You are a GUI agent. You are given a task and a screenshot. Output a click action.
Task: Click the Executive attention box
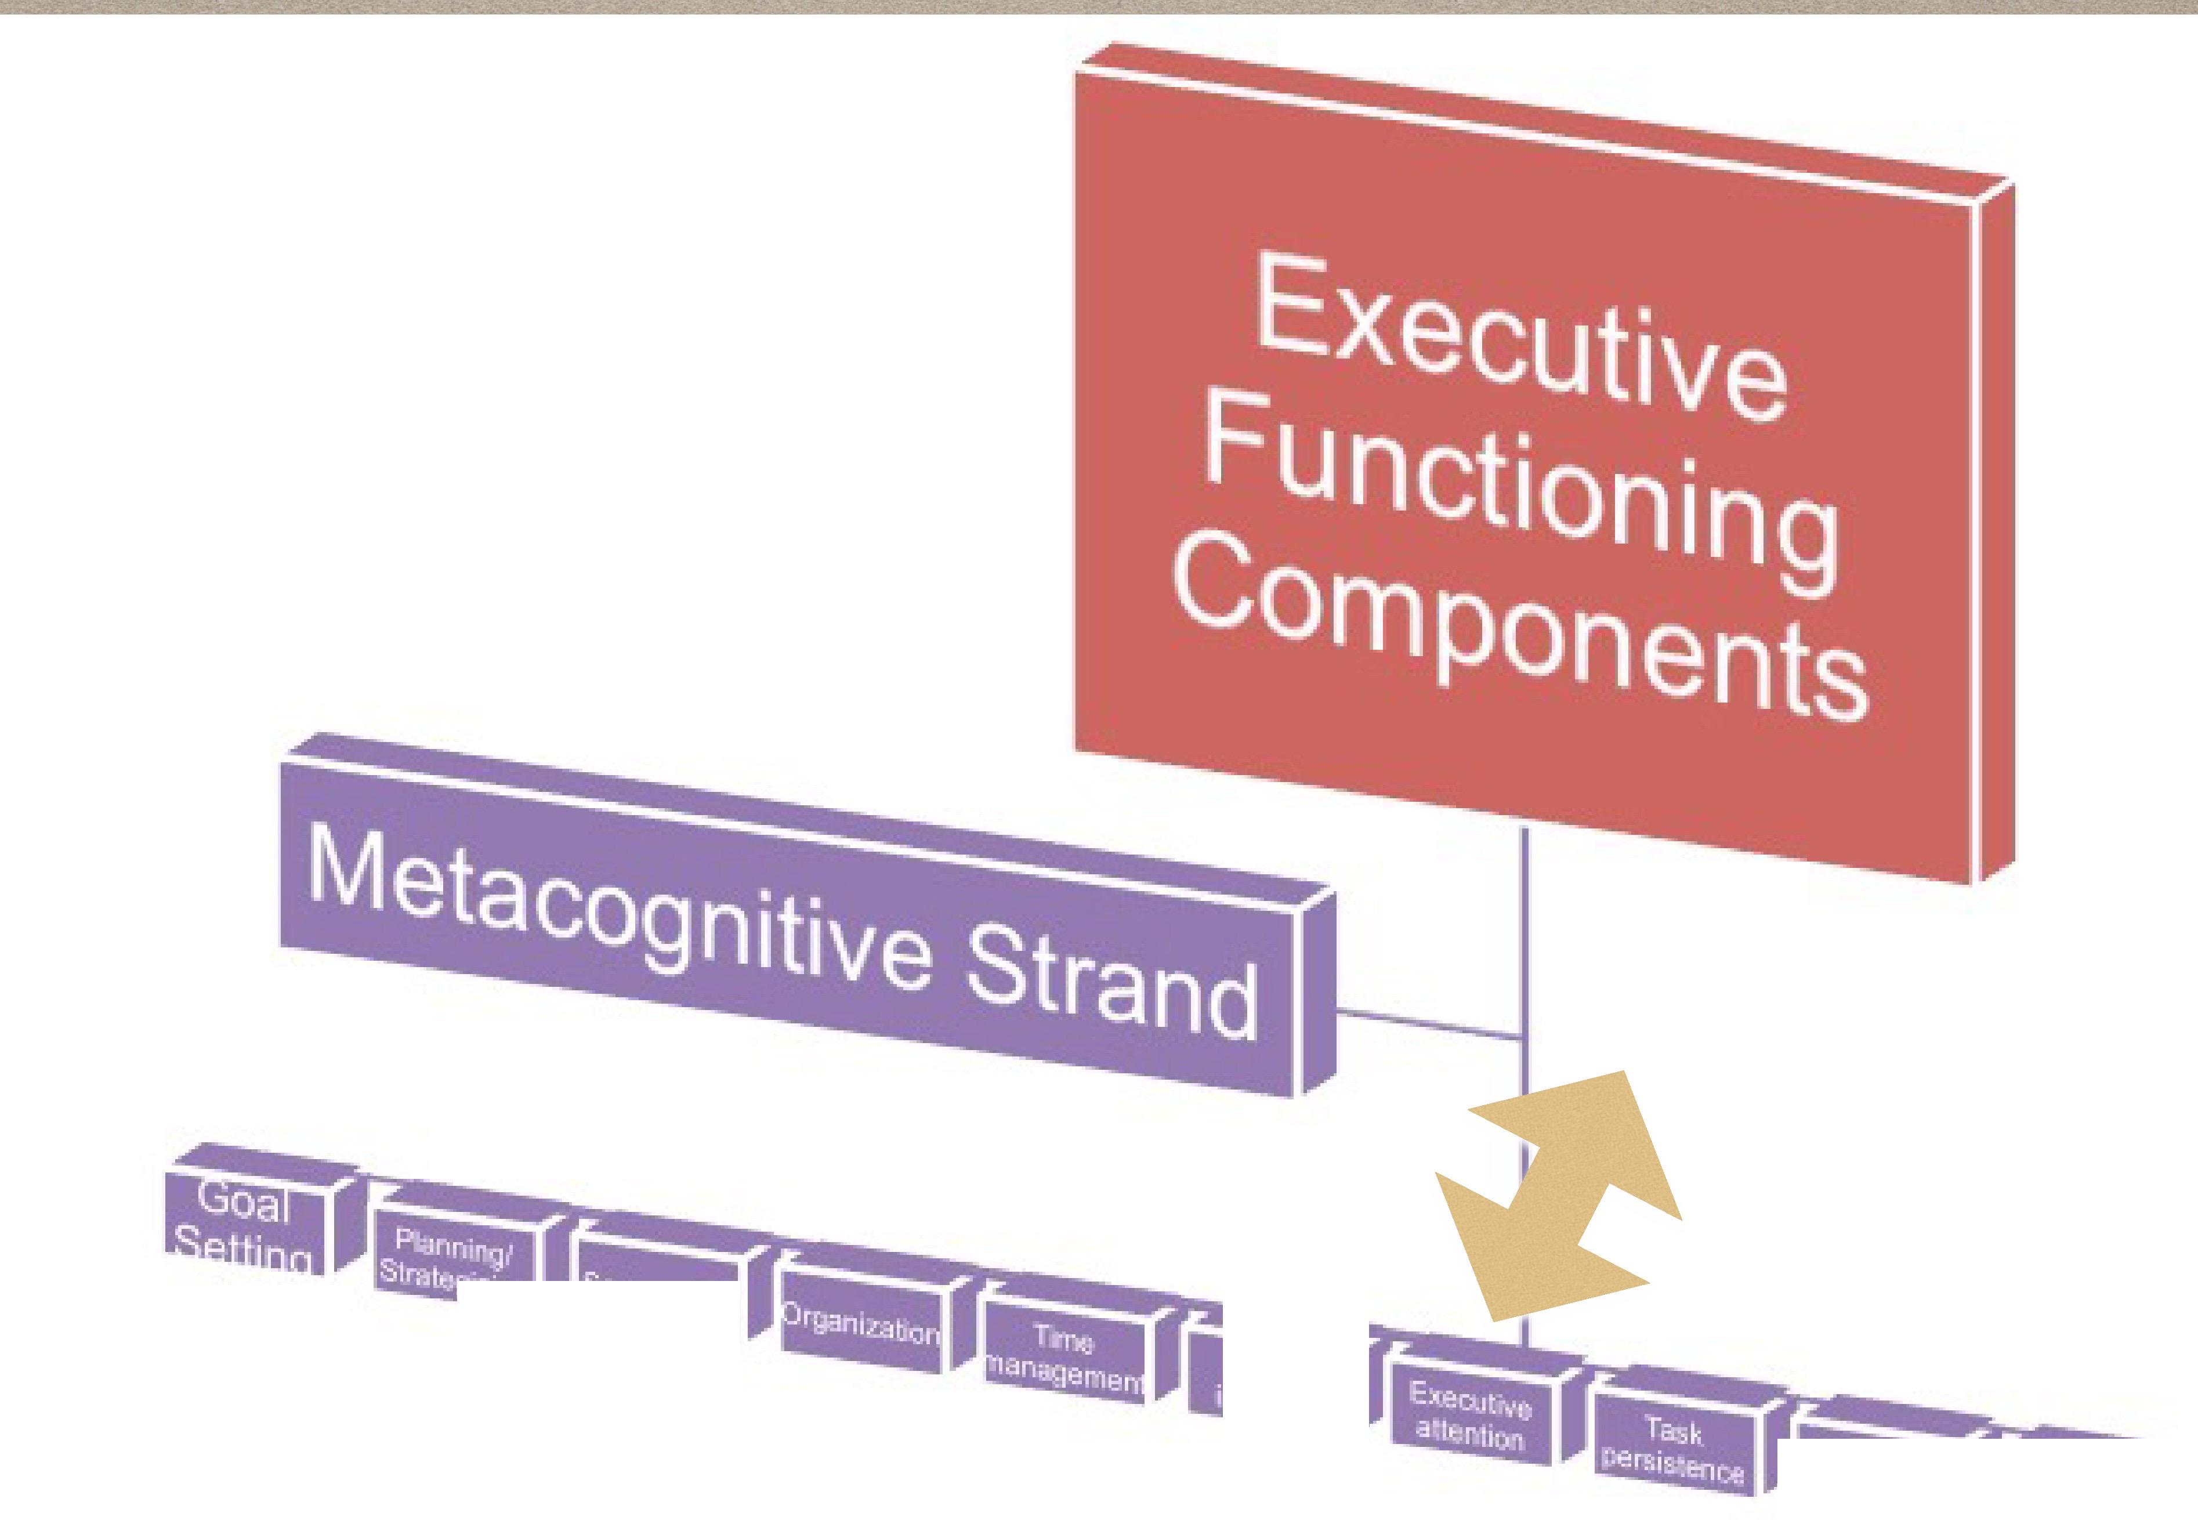click(x=1469, y=1415)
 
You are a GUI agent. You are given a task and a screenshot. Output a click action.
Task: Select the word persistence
click(x=1672, y=1467)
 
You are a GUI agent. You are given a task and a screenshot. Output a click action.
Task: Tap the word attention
click(x=1469, y=1431)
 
